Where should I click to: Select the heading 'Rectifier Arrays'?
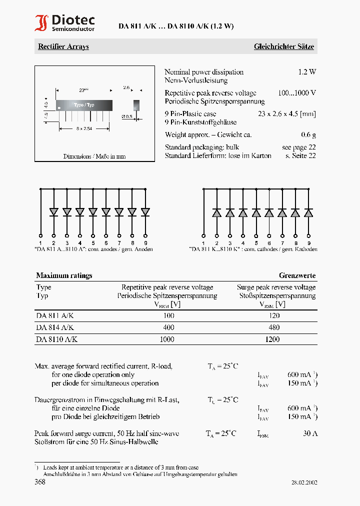coord(63,46)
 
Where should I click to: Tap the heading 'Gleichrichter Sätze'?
coord(283,46)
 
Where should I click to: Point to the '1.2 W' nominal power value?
coord(307,72)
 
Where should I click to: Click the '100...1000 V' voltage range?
coord(297,93)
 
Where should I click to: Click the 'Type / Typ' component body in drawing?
coord(84,105)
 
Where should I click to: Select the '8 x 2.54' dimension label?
coord(84,128)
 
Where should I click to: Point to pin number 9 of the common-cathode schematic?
coord(308,242)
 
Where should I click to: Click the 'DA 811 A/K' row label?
coord(55,315)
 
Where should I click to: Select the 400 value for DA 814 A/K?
coord(168,327)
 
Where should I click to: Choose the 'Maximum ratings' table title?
coord(64,275)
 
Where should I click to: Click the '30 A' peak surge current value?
coord(310,433)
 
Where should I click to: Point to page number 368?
coord(40,482)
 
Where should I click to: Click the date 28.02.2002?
coord(304,482)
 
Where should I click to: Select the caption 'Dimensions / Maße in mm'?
coord(94,156)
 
